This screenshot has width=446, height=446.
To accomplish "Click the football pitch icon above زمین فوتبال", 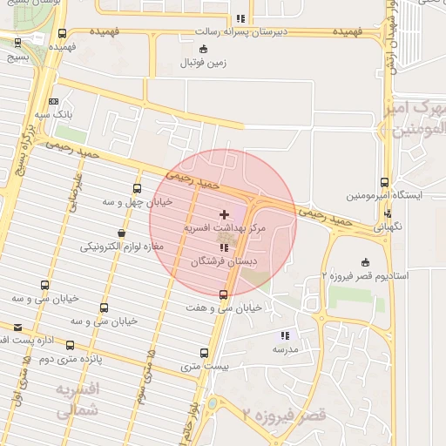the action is tap(204, 49).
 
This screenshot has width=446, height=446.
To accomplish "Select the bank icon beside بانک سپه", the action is tap(54, 101).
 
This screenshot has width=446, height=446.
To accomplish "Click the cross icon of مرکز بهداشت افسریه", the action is tap(225, 213).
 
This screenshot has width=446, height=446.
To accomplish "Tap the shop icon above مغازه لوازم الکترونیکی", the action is tap(120, 233).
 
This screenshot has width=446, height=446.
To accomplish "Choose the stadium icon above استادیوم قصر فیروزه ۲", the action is tap(365, 262).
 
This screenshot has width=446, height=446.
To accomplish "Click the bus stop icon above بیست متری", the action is tap(205, 353).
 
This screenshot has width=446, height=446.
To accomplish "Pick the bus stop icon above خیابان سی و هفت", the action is tap(224, 294).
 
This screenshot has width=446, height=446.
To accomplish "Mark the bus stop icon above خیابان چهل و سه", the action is tap(137, 188).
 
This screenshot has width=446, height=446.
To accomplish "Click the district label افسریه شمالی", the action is tap(76, 400).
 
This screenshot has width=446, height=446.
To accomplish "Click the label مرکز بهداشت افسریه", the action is tap(223, 227).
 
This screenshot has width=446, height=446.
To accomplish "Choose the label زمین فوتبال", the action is tap(203, 63).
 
